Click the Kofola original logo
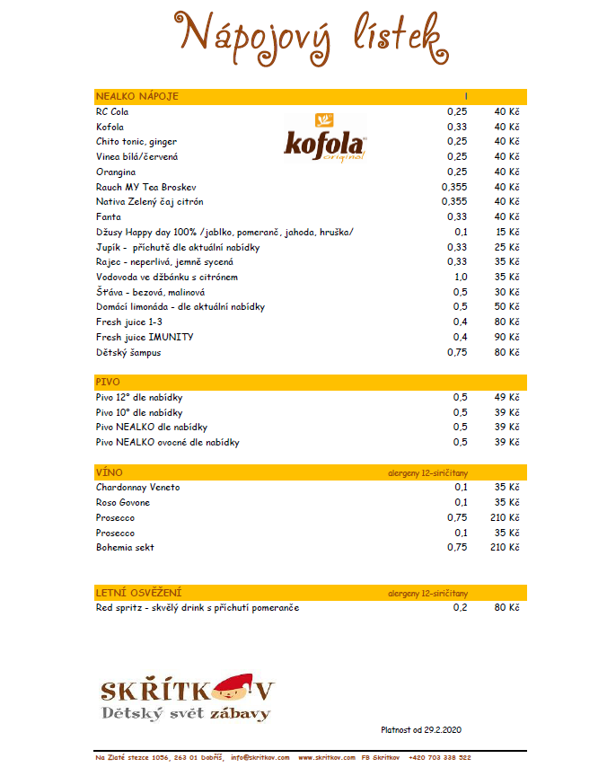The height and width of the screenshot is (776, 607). (325, 137)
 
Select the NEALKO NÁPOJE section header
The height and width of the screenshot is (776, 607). (137, 96)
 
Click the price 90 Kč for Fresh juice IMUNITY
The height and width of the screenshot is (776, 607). (506, 337)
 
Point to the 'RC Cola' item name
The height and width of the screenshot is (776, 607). (112, 111)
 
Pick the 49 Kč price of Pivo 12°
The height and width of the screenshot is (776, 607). (506, 397)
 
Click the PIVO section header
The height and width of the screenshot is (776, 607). (108, 383)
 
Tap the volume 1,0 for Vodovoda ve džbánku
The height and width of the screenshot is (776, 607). (460, 277)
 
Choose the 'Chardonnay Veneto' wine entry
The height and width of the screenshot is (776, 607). (137, 487)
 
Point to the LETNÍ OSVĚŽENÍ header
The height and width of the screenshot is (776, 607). (139, 593)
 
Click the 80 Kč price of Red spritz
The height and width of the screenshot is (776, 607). (506, 608)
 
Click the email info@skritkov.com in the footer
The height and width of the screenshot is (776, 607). (260, 758)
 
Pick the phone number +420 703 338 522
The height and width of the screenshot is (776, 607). (439, 758)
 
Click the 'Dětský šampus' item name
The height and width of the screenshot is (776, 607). (128, 352)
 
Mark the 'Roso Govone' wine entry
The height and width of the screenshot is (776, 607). (123, 502)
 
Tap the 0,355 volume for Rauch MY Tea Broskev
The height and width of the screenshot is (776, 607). (454, 187)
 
